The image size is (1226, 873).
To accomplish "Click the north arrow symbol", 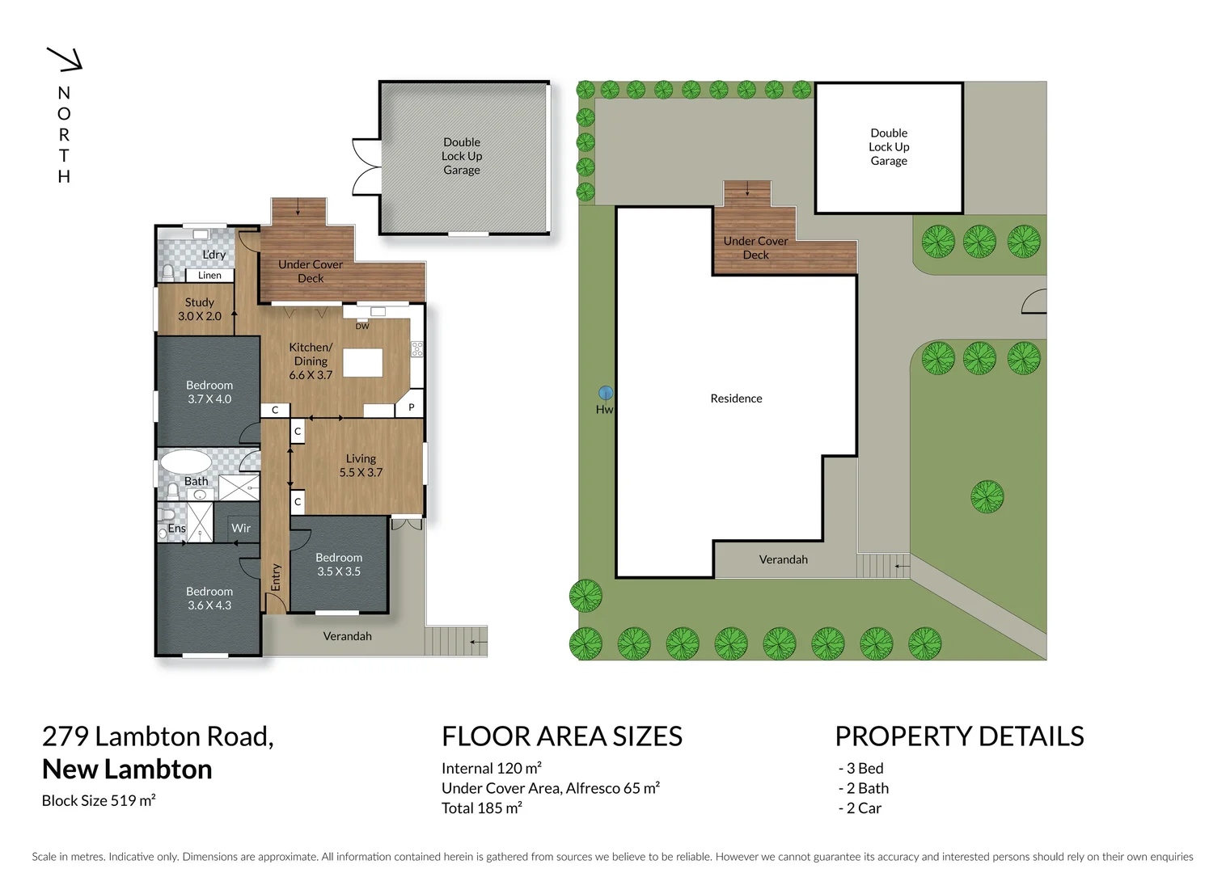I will point(66,59).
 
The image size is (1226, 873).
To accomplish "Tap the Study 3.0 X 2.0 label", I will point(199,310).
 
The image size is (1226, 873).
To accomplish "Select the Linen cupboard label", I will point(209,276).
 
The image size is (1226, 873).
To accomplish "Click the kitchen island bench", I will point(362,362).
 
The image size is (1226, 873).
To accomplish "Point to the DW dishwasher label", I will point(362,327).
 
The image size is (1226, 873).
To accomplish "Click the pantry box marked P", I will point(411,408).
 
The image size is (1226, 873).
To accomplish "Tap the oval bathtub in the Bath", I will point(185,462).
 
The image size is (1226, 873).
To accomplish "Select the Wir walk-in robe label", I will point(241,529).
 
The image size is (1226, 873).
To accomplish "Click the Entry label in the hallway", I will point(276,577).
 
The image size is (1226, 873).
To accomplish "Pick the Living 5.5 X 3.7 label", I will point(361,466).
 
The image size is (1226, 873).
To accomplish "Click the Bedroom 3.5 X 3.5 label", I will point(339,564).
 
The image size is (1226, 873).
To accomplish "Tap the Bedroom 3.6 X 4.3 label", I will point(209,598).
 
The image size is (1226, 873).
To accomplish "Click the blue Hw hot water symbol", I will point(605,394).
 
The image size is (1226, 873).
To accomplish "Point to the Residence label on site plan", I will point(736,399).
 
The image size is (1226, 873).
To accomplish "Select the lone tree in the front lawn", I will point(987,496).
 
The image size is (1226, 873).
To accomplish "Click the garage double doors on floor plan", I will point(366,167).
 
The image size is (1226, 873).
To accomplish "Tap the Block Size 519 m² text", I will point(99,801).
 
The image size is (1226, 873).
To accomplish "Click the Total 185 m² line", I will point(482,808).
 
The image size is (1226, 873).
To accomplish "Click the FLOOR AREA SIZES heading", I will point(561,736).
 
